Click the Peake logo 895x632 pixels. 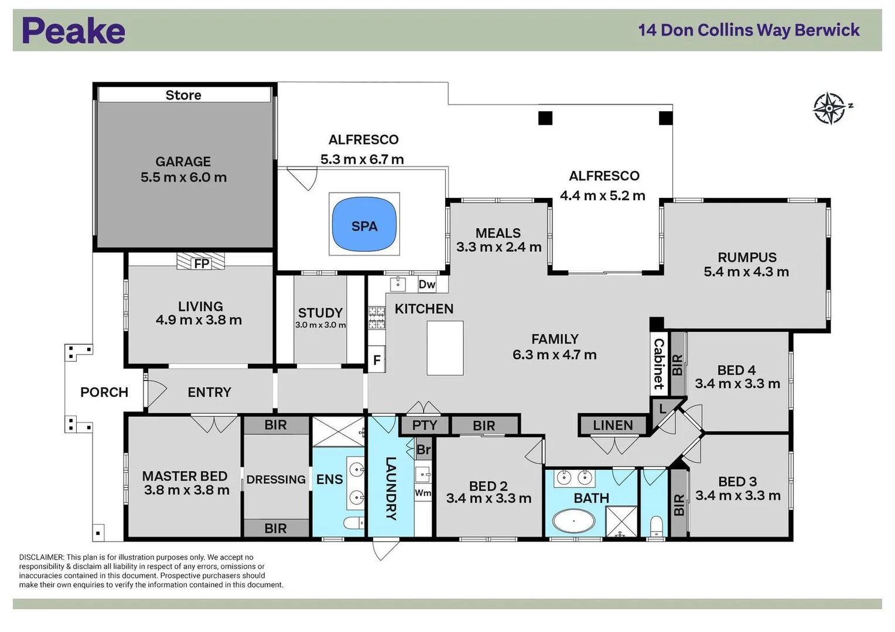point(73,31)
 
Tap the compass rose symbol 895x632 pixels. point(829,108)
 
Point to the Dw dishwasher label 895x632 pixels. point(426,284)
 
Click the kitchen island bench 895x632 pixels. point(445,348)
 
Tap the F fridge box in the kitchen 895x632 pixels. point(377,360)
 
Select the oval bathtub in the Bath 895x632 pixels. point(573,520)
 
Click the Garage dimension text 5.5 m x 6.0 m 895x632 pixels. point(183,177)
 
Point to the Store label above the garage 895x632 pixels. point(183,95)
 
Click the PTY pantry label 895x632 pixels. point(425,425)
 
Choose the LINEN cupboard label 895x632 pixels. point(613,425)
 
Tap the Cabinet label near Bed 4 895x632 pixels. point(659,363)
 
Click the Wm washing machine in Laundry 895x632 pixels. point(423,493)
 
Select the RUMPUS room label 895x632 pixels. point(747,257)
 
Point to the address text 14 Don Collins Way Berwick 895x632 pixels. point(749,30)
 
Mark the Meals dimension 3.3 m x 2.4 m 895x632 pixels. point(498,247)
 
